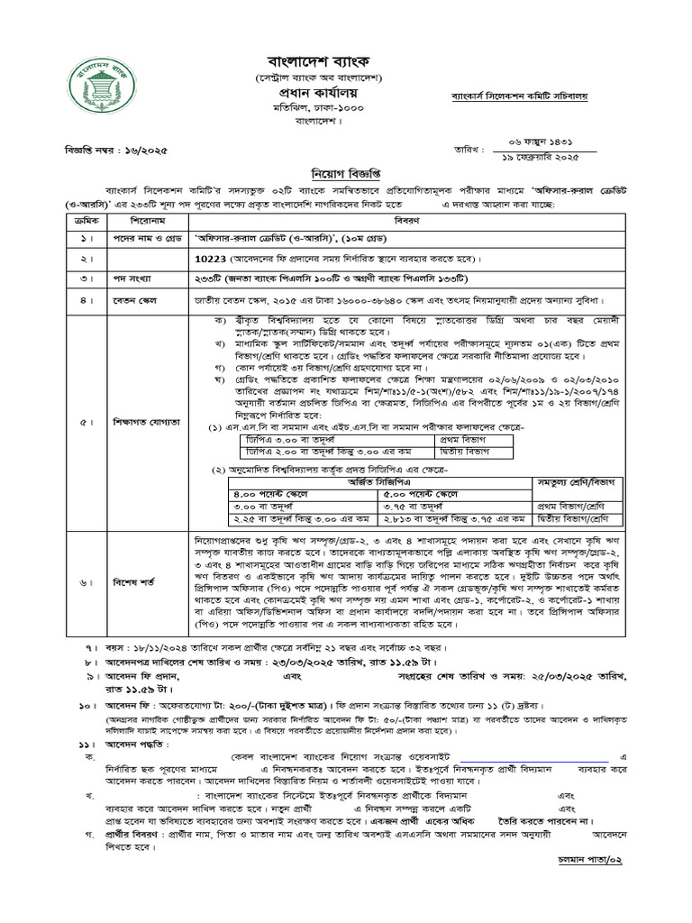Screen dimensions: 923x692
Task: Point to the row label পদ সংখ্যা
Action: click(x=132, y=278)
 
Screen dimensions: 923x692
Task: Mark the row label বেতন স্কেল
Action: click(x=135, y=299)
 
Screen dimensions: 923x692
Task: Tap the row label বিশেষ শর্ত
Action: click(x=135, y=584)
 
